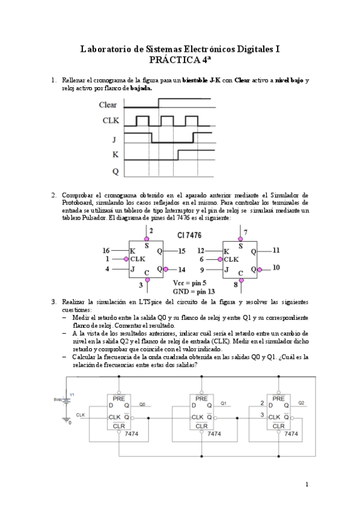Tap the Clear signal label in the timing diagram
coord(108,105)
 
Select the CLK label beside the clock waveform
coord(110,121)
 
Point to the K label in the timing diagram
coord(115,155)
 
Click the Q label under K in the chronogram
coord(115,171)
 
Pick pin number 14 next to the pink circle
coord(182,269)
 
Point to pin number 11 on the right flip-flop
coord(276,248)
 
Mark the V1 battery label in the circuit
coord(72,395)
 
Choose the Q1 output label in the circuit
coord(224,402)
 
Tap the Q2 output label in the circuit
coord(301,402)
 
